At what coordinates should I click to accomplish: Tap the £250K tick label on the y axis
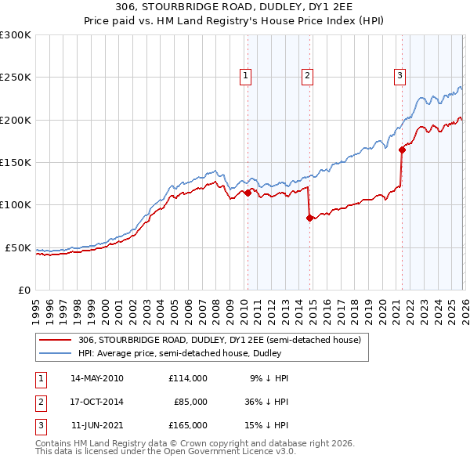click(x=15, y=78)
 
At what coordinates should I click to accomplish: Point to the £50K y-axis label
click(x=17, y=247)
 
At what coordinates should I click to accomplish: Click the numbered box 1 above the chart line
click(x=246, y=76)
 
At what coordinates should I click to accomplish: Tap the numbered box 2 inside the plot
click(x=307, y=76)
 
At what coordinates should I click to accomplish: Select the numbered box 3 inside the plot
click(x=399, y=76)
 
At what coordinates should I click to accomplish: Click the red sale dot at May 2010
click(x=248, y=193)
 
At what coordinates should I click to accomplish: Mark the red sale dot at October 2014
click(x=309, y=218)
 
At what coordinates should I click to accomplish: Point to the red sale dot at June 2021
click(x=402, y=150)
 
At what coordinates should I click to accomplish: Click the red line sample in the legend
click(x=56, y=341)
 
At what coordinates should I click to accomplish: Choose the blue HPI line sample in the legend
click(x=56, y=353)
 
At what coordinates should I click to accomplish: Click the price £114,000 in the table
click(x=188, y=378)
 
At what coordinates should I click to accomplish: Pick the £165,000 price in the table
click(x=188, y=425)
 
